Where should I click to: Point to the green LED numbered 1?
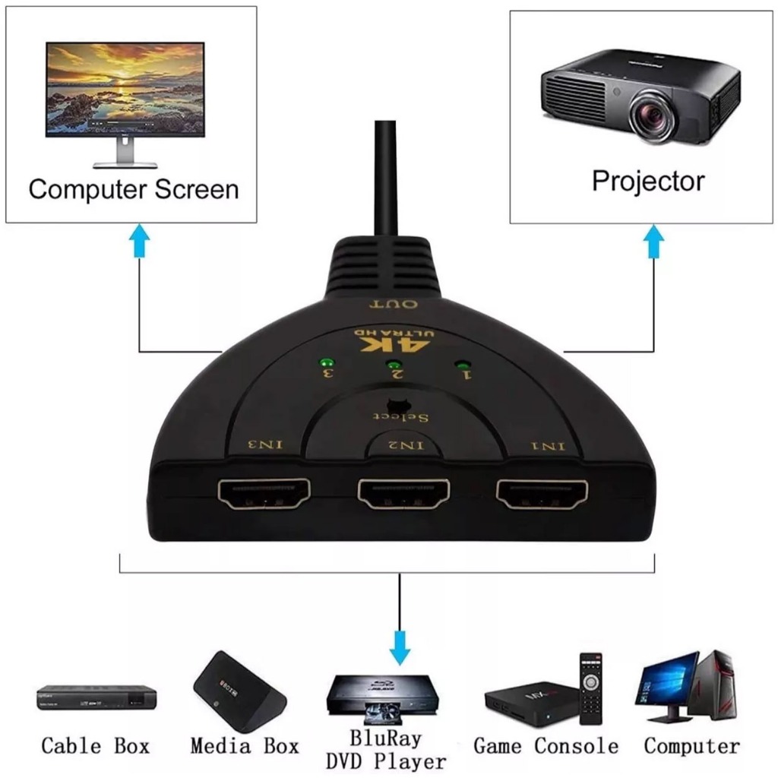tap(460, 365)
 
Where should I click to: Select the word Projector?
tap(648, 181)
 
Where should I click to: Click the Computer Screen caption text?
tap(134, 189)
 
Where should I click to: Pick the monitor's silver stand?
tap(125, 153)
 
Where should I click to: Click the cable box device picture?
tap(96, 697)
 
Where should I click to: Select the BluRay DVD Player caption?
tap(386, 748)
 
